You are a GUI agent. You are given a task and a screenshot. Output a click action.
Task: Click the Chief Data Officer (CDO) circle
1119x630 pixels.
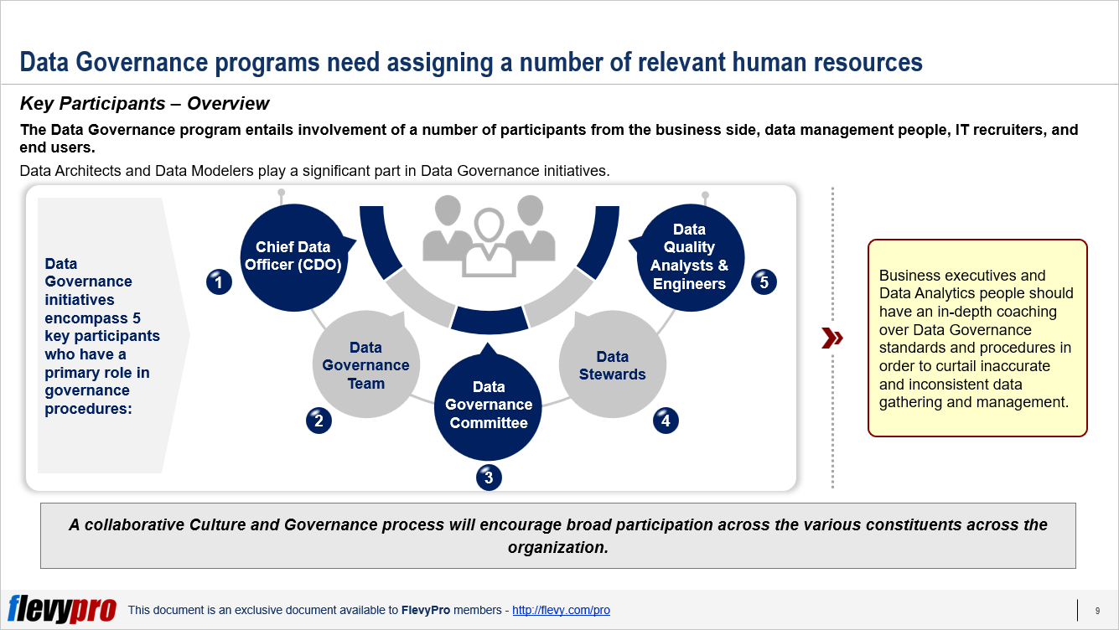point(293,256)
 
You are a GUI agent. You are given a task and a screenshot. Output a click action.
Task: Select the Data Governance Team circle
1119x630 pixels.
point(366,365)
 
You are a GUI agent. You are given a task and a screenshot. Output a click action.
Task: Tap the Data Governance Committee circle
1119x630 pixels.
point(488,405)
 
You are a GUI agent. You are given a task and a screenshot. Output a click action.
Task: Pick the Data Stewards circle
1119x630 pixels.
point(612,365)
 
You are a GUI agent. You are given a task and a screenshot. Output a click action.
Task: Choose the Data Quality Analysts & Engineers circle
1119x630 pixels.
point(689,256)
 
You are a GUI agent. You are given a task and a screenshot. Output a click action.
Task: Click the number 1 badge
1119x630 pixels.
point(219,283)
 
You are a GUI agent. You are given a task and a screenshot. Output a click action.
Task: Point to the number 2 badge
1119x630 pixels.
point(319,421)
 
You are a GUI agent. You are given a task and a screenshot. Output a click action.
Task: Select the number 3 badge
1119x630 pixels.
point(489,478)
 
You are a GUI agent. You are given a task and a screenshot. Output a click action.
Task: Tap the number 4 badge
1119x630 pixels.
point(666,421)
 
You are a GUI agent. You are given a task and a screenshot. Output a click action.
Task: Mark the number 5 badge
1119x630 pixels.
point(764,282)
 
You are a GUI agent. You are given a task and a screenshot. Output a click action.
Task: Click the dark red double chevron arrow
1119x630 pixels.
point(831,338)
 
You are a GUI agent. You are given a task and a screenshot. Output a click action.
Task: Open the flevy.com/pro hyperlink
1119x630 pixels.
point(561,610)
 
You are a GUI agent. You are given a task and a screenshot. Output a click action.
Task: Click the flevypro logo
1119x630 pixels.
point(61,609)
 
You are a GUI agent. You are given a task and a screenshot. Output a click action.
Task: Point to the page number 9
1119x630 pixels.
point(1097,610)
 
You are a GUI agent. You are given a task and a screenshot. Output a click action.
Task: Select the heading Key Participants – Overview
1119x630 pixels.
point(144,104)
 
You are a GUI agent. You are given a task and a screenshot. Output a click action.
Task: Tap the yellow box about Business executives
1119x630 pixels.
point(977,338)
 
